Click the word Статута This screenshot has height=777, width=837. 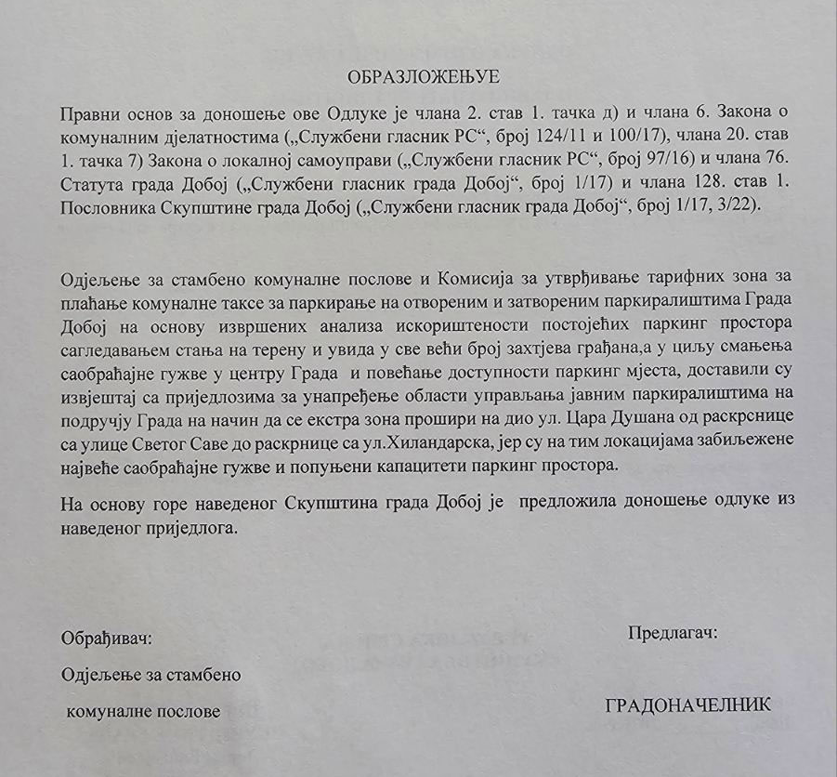pyautogui.click(x=92, y=183)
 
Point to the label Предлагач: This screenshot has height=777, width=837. pyautogui.click(x=673, y=633)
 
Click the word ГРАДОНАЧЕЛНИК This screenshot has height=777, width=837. pyautogui.click(x=687, y=705)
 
